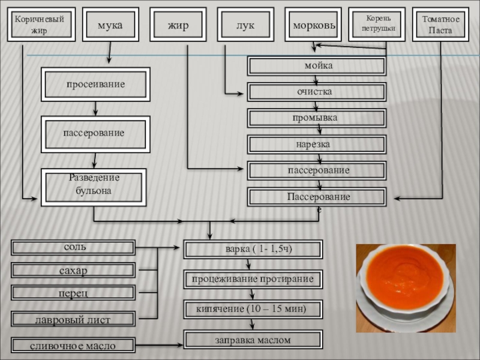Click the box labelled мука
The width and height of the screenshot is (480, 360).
[110, 25]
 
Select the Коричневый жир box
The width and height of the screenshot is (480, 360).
[41, 25]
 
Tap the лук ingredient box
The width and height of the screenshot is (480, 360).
[245, 25]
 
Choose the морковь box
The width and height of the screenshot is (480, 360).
[313, 25]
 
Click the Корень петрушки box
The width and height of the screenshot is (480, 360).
[377, 25]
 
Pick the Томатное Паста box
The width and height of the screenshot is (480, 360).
[441, 25]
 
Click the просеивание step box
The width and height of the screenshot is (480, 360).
[95, 85]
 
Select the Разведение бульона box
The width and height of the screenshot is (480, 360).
[94, 187]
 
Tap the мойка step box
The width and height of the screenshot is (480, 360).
[317, 65]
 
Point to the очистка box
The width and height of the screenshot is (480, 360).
[317, 92]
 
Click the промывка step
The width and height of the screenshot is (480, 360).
[317, 118]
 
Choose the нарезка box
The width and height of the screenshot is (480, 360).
[317, 145]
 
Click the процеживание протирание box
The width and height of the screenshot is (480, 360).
[253, 280]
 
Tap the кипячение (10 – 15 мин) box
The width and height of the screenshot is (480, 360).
[253, 310]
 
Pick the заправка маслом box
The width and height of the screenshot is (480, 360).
[253, 340]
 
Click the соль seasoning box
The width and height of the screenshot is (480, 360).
[74, 247]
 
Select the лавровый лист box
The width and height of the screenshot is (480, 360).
[74, 320]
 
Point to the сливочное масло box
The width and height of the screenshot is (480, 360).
[74, 346]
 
